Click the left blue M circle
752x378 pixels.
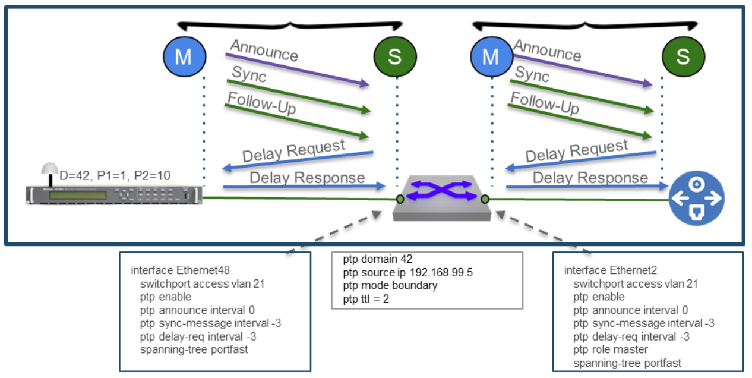[184, 57]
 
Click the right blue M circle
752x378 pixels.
[491, 57]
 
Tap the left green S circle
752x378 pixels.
[394, 57]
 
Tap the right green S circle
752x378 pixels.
[683, 57]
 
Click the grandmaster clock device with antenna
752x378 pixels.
[113, 194]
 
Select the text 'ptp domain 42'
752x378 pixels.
[377, 260]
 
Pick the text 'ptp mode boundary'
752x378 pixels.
[390, 286]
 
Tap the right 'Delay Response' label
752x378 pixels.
[590, 177]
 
